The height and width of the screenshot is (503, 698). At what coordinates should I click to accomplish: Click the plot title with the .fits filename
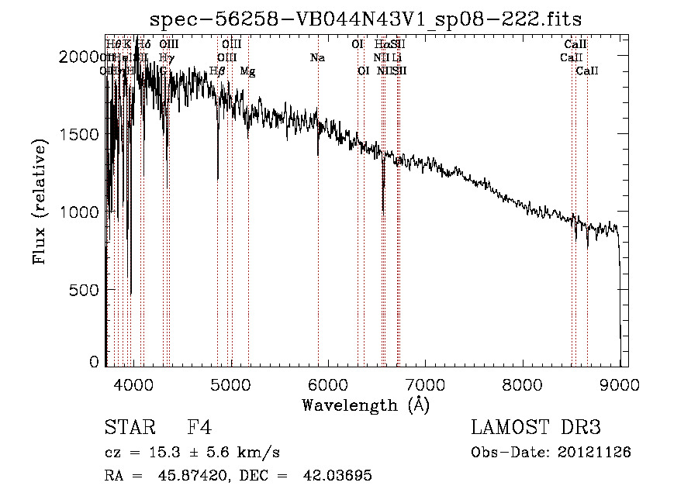(x=366, y=19)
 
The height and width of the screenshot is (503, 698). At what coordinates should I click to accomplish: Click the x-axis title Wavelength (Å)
(x=365, y=405)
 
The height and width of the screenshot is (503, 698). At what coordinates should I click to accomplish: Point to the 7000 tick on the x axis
(x=425, y=383)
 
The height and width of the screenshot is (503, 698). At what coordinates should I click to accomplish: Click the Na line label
(x=316, y=57)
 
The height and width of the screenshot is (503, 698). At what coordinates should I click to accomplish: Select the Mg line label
(x=247, y=71)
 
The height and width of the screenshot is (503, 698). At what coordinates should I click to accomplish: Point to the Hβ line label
(x=218, y=71)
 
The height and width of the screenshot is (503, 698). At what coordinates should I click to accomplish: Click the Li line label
(x=396, y=57)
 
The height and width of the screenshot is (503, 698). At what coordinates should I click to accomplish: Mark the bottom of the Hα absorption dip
(x=383, y=209)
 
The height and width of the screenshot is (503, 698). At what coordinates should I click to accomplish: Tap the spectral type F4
(x=199, y=428)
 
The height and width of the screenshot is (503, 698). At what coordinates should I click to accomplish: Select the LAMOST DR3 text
(x=536, y=428)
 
